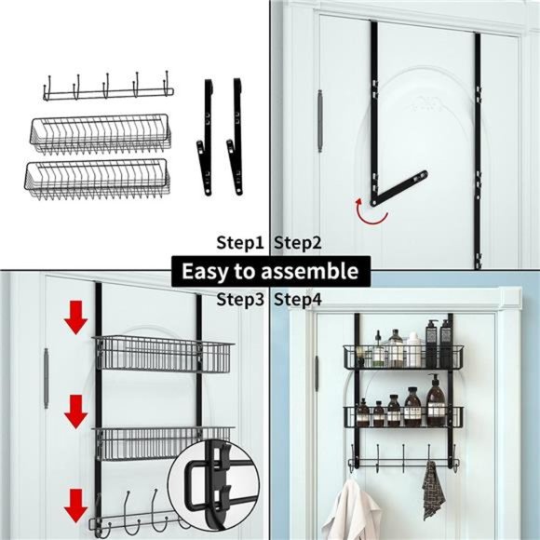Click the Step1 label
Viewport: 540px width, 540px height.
241,243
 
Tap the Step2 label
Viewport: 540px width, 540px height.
298,243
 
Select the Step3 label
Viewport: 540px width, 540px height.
241,300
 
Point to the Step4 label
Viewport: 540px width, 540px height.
298,300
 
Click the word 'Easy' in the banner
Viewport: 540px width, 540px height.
204,272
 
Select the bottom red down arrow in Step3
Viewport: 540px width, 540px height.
75,508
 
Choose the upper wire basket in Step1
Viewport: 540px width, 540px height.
98,133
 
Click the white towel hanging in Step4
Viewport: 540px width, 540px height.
353,512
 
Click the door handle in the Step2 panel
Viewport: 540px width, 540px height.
319,121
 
